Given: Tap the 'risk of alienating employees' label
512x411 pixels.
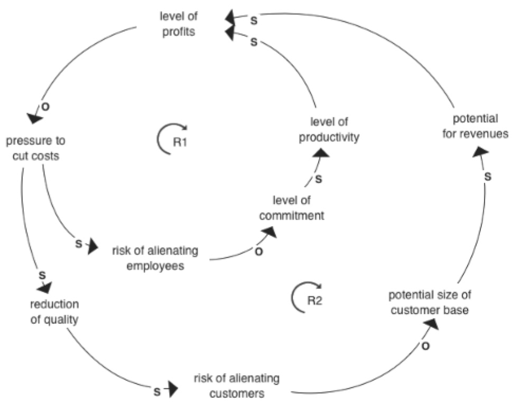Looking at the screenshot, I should coord(155,258).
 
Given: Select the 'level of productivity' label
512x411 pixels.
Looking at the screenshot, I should coord(329,130).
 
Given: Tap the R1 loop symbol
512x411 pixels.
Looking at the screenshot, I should coord(173,140).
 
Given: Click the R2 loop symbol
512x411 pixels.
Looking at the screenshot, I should coord(307,299).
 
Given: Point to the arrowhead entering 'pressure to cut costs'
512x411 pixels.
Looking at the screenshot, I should coord(34,117).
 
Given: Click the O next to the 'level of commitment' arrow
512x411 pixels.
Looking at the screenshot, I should coord(258,252).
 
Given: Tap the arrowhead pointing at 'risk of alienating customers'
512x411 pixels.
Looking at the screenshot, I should coord(171,390).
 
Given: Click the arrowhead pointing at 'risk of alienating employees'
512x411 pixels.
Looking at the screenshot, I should coord(93,246).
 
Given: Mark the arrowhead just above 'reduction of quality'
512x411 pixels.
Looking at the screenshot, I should coord(44,287).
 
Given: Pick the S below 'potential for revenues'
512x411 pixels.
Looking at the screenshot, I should coord(488,177).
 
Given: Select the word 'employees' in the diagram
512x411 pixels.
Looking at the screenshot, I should coord(155,266).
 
